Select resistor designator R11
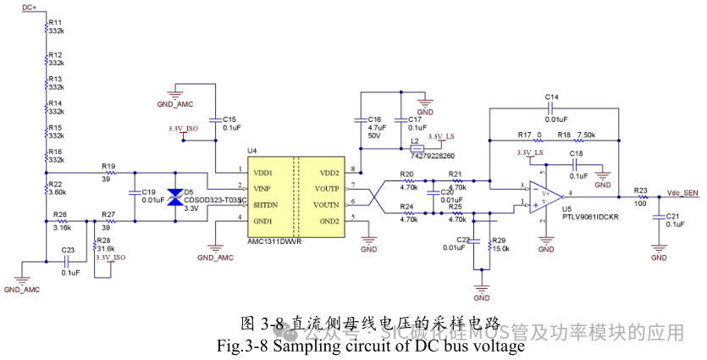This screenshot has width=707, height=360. [x=56, y=22]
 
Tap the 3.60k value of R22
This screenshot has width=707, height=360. [x=57, y=192]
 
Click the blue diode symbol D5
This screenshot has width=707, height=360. [x=175, y=197]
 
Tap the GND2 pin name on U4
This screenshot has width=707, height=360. [x=329, y=220]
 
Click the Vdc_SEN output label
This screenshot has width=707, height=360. [x=682, y=192]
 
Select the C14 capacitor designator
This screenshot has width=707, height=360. [x=552, y=97]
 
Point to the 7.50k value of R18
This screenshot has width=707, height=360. [x=587, y=135]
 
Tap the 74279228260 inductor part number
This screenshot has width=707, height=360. [x=432, y=156]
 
